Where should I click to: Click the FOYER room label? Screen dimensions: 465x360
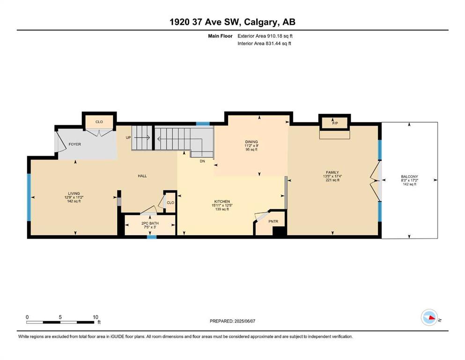(x=75, y=144)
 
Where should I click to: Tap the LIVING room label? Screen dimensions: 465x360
(x=74, y=194)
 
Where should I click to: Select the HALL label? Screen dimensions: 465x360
(x=142, y=176)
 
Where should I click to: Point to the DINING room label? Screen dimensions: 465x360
(x=251, y=142)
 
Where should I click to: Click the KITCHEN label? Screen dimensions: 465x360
(x=222, y=202)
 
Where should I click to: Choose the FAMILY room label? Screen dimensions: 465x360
(x=332, y=172)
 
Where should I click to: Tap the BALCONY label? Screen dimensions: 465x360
(x=409, y=177)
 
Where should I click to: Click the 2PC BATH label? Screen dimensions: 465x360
(x=150, y=223)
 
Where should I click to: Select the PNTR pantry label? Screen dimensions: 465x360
(x=273, y=221)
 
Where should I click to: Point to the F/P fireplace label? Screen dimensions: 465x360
(x=335, y=123)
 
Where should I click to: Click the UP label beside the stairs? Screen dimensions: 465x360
(x=128, y=138)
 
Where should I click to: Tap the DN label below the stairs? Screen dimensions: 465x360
(x=202, y=161)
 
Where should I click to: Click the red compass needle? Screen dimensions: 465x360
(x=432, y=318)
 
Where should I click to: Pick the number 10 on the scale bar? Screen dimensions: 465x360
(x=95, y=317)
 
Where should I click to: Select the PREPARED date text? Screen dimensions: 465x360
(x=232, y=321)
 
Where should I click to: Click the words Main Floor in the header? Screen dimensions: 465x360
(x=220, y=36)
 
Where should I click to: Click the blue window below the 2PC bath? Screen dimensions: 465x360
(x=152, y=237)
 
